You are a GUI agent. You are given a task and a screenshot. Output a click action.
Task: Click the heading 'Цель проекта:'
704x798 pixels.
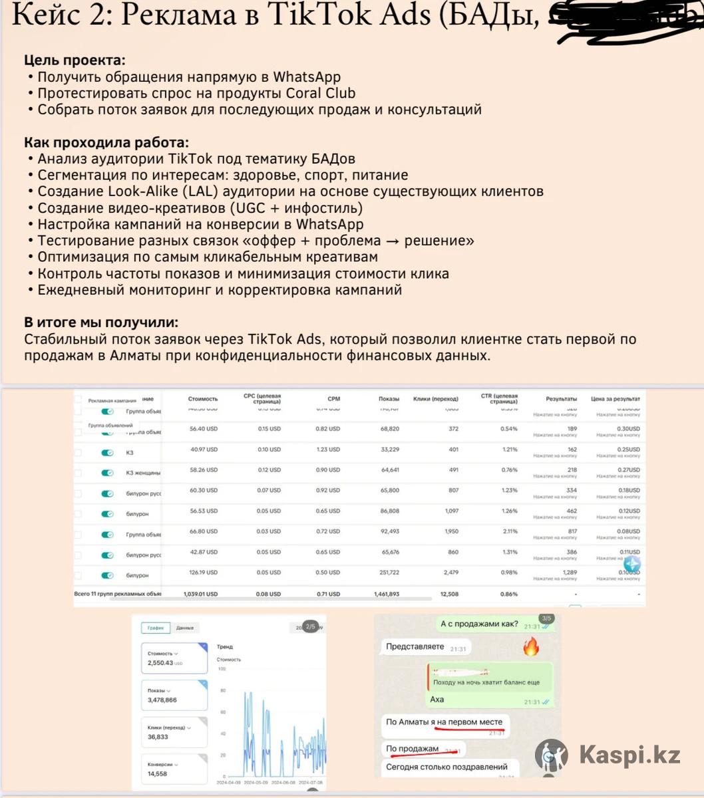tap(75, 60)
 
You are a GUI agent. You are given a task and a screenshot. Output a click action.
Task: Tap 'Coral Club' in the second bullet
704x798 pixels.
tap(321, 93)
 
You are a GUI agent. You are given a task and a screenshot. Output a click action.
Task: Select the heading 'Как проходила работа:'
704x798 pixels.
tap(106, 142)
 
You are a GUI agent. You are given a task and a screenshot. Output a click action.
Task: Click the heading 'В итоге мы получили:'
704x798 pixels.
tap(101, 323)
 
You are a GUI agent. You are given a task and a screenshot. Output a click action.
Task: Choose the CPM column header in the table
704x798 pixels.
tap(333, 399)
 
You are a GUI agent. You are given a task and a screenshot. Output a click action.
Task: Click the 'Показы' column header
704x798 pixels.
tap(389, 399)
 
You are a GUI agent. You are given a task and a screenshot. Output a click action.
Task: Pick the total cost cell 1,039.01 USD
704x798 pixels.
tap(200, 594)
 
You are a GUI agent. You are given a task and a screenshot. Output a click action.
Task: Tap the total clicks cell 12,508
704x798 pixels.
tap(448, 594)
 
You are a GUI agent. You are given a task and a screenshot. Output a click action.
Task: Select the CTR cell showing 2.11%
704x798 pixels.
tap(509, 531)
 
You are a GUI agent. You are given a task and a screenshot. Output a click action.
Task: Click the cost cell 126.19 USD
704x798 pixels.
tap(203, 573)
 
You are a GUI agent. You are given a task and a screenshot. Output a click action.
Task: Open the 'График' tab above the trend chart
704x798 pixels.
tap(156, 628)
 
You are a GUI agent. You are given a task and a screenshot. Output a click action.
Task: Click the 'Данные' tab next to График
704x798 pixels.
tap(185, 628)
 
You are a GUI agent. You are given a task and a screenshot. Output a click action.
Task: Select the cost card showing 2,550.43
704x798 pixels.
tap(174, 658)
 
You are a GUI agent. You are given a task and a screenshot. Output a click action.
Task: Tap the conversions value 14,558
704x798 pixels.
tap(158, 774)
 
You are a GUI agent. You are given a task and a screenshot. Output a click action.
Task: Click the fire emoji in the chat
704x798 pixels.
tap(530, 646)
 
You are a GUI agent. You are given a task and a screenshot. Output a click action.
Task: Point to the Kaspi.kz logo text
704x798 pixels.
tap(629, 755)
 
